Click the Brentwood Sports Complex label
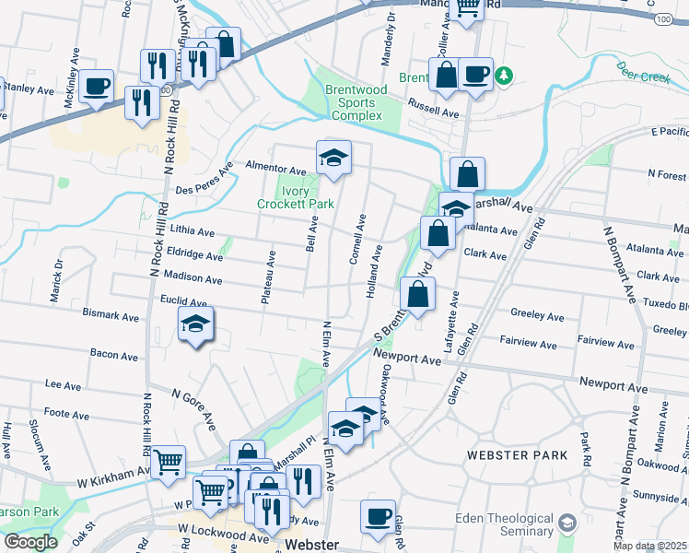(x=356, y=102)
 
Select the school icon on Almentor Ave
(x=333, y=158)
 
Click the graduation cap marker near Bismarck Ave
(x=195, y=324)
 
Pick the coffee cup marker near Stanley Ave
(x=96, y=87)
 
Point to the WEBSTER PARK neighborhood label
(x=509, y=455)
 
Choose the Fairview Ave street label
(x=527, y=345)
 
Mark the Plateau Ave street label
(x=272, y=274)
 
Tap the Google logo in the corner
(x=30, y=542)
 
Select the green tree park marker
(x=503, y=75)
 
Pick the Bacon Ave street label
(x=114, y=353)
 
